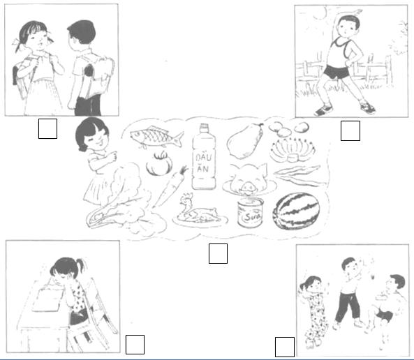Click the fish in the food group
click(156, 138)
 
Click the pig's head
click(247, 180)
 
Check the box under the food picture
click(218, 254)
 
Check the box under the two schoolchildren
click(47, 129)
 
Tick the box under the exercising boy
click(350, 130)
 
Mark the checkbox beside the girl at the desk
click(135, 344)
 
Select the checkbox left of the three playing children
click(284, 347)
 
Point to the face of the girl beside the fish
click(91, 137)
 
